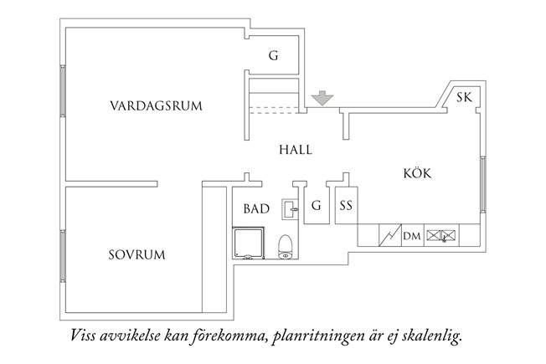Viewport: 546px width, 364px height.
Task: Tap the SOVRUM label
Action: click(x=136, y=254)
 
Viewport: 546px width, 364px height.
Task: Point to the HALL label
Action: click(x=295, y=150)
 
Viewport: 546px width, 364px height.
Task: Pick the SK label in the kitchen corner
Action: click(x=464, y=98)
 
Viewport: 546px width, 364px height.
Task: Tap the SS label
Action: click(x=346, y=205)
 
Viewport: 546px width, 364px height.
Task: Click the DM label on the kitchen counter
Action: click(x=411, y=237)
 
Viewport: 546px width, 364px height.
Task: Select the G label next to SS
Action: click(x=316, y=205)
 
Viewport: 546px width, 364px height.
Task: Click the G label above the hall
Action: click(x=273, y=56)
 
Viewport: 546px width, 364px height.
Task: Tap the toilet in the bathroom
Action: click(x=285, y=245)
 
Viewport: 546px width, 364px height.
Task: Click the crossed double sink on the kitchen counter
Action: click(x=443, y=236)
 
